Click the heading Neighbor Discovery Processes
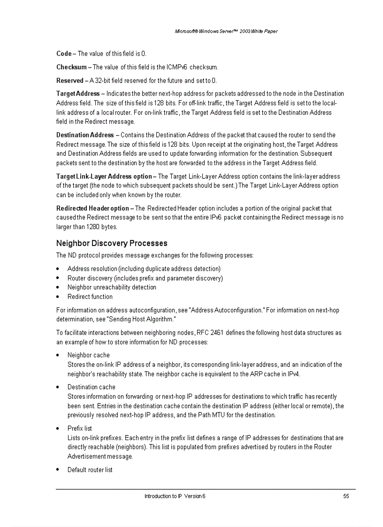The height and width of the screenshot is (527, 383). [x=111, y=243]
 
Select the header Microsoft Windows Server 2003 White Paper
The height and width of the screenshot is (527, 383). [x=226, y=31]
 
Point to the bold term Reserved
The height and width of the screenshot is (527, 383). [x=69, y=81]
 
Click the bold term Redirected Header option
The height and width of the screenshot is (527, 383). [x=92, y=208]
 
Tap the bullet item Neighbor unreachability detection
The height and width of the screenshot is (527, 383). [x=112, y=287]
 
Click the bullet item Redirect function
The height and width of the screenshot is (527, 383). [x=90, y=297]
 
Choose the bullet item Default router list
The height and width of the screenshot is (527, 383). [x=90, y=470]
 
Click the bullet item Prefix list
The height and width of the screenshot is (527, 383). [x=80, y=428]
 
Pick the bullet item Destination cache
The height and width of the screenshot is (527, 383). [x=92, y=387]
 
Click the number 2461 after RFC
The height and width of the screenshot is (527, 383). [x=217, y=333]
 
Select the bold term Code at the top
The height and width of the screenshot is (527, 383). [x=63, y=53]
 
